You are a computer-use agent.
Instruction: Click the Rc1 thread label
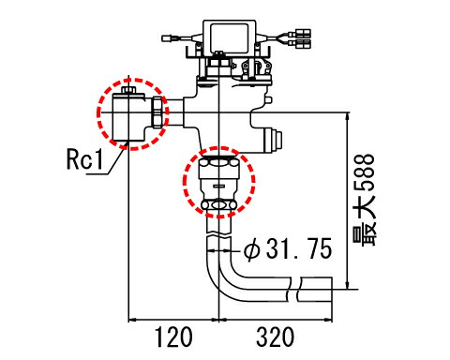coord(85,160)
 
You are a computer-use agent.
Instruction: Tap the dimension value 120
coord(173,337)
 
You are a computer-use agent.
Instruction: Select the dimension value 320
coord(275,337)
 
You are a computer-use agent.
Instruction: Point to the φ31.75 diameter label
coord(288,249)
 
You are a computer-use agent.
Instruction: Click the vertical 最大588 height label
coord(364,200)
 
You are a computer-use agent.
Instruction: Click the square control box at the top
coord(230,38)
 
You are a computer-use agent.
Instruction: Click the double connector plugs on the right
coord(300,38)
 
